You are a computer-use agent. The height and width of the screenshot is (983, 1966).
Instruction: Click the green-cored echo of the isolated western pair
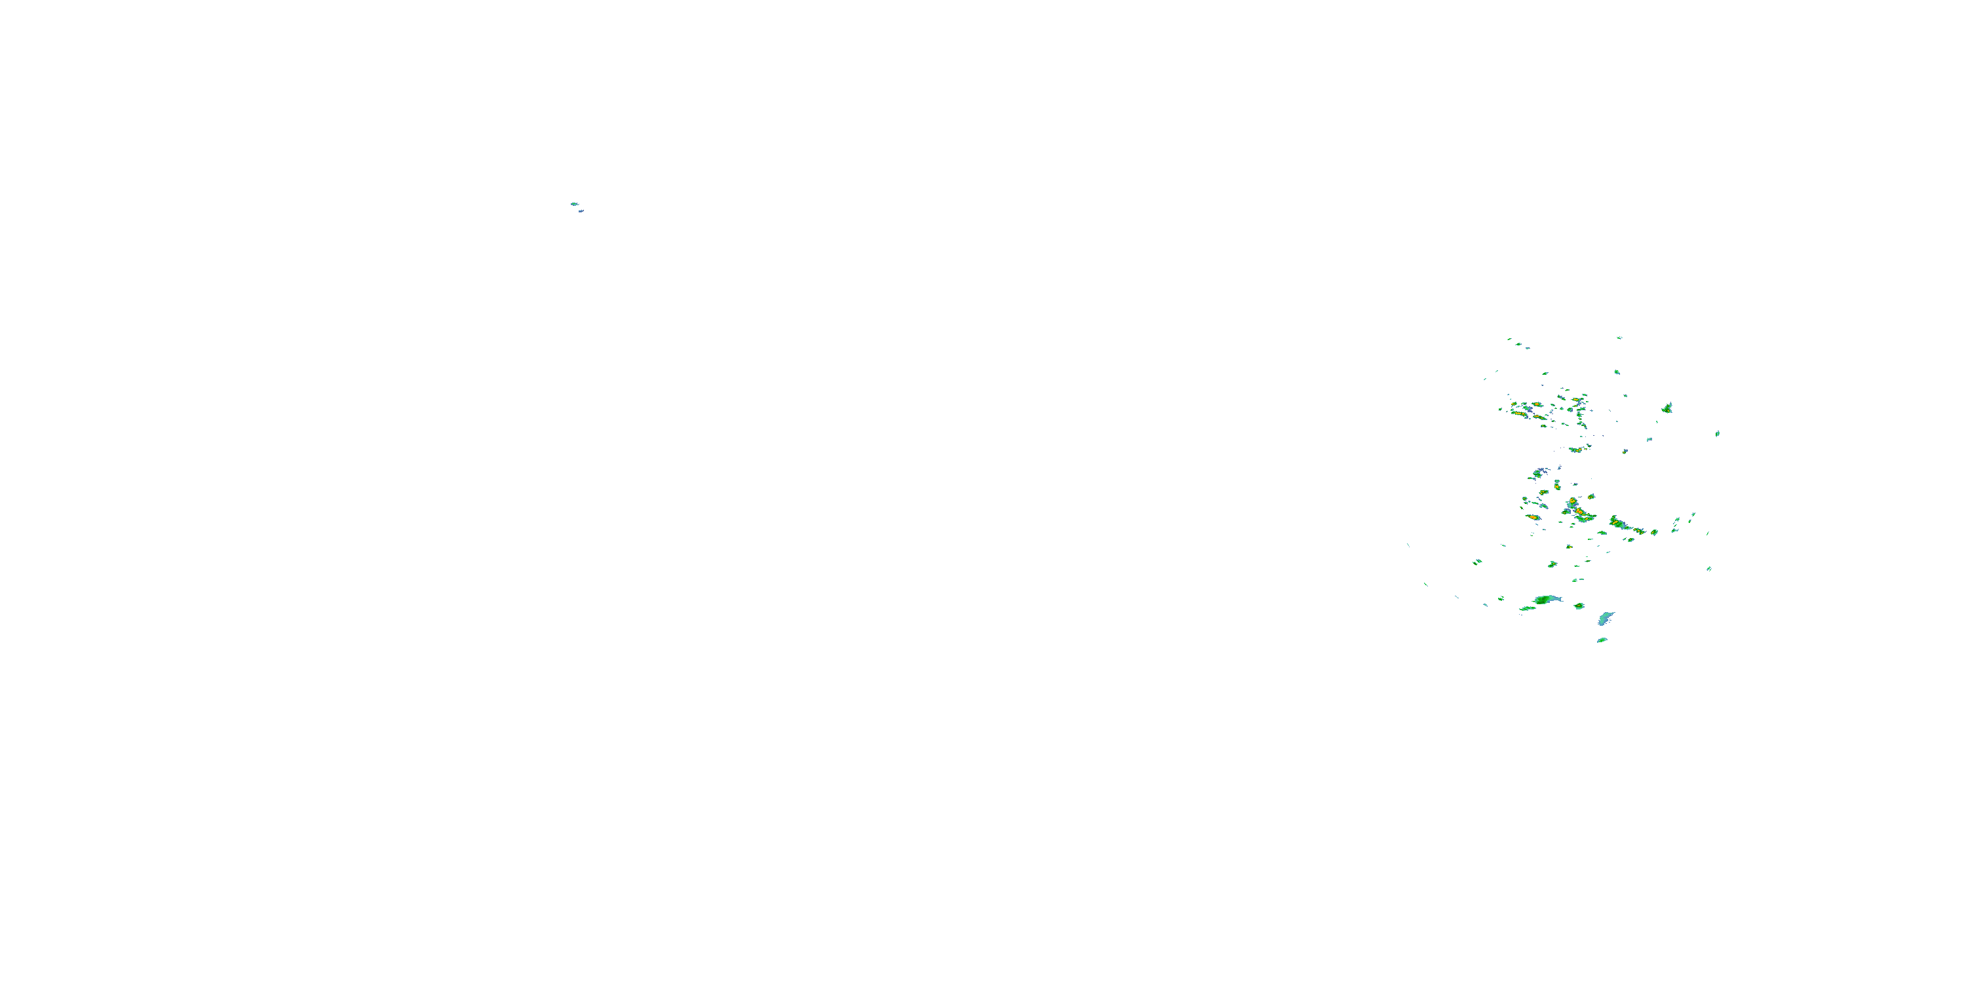[574, 204]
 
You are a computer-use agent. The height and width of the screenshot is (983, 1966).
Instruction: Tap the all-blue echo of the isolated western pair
[581, 210]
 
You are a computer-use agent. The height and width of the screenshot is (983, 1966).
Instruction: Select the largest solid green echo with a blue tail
[1546, 600]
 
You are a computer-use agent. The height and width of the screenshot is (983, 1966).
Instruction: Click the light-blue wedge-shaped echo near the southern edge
[1606, 618]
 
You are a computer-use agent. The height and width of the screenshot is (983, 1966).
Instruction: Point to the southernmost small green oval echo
[1602, 640]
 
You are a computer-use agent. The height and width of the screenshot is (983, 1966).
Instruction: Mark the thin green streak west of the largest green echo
[1527, 608]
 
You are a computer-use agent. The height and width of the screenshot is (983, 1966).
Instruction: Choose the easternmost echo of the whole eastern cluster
[1717, 433]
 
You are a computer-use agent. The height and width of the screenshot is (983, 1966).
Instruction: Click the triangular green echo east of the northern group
[1668, 408]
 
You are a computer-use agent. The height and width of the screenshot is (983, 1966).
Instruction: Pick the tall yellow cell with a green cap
[1556, 485]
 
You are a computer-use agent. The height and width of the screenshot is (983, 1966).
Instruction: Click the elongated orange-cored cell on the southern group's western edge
[1533, 518]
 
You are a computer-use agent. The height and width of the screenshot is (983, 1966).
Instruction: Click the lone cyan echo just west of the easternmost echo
[1649, 440]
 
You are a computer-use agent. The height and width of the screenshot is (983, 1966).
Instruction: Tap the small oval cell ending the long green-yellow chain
[1655, 532]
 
